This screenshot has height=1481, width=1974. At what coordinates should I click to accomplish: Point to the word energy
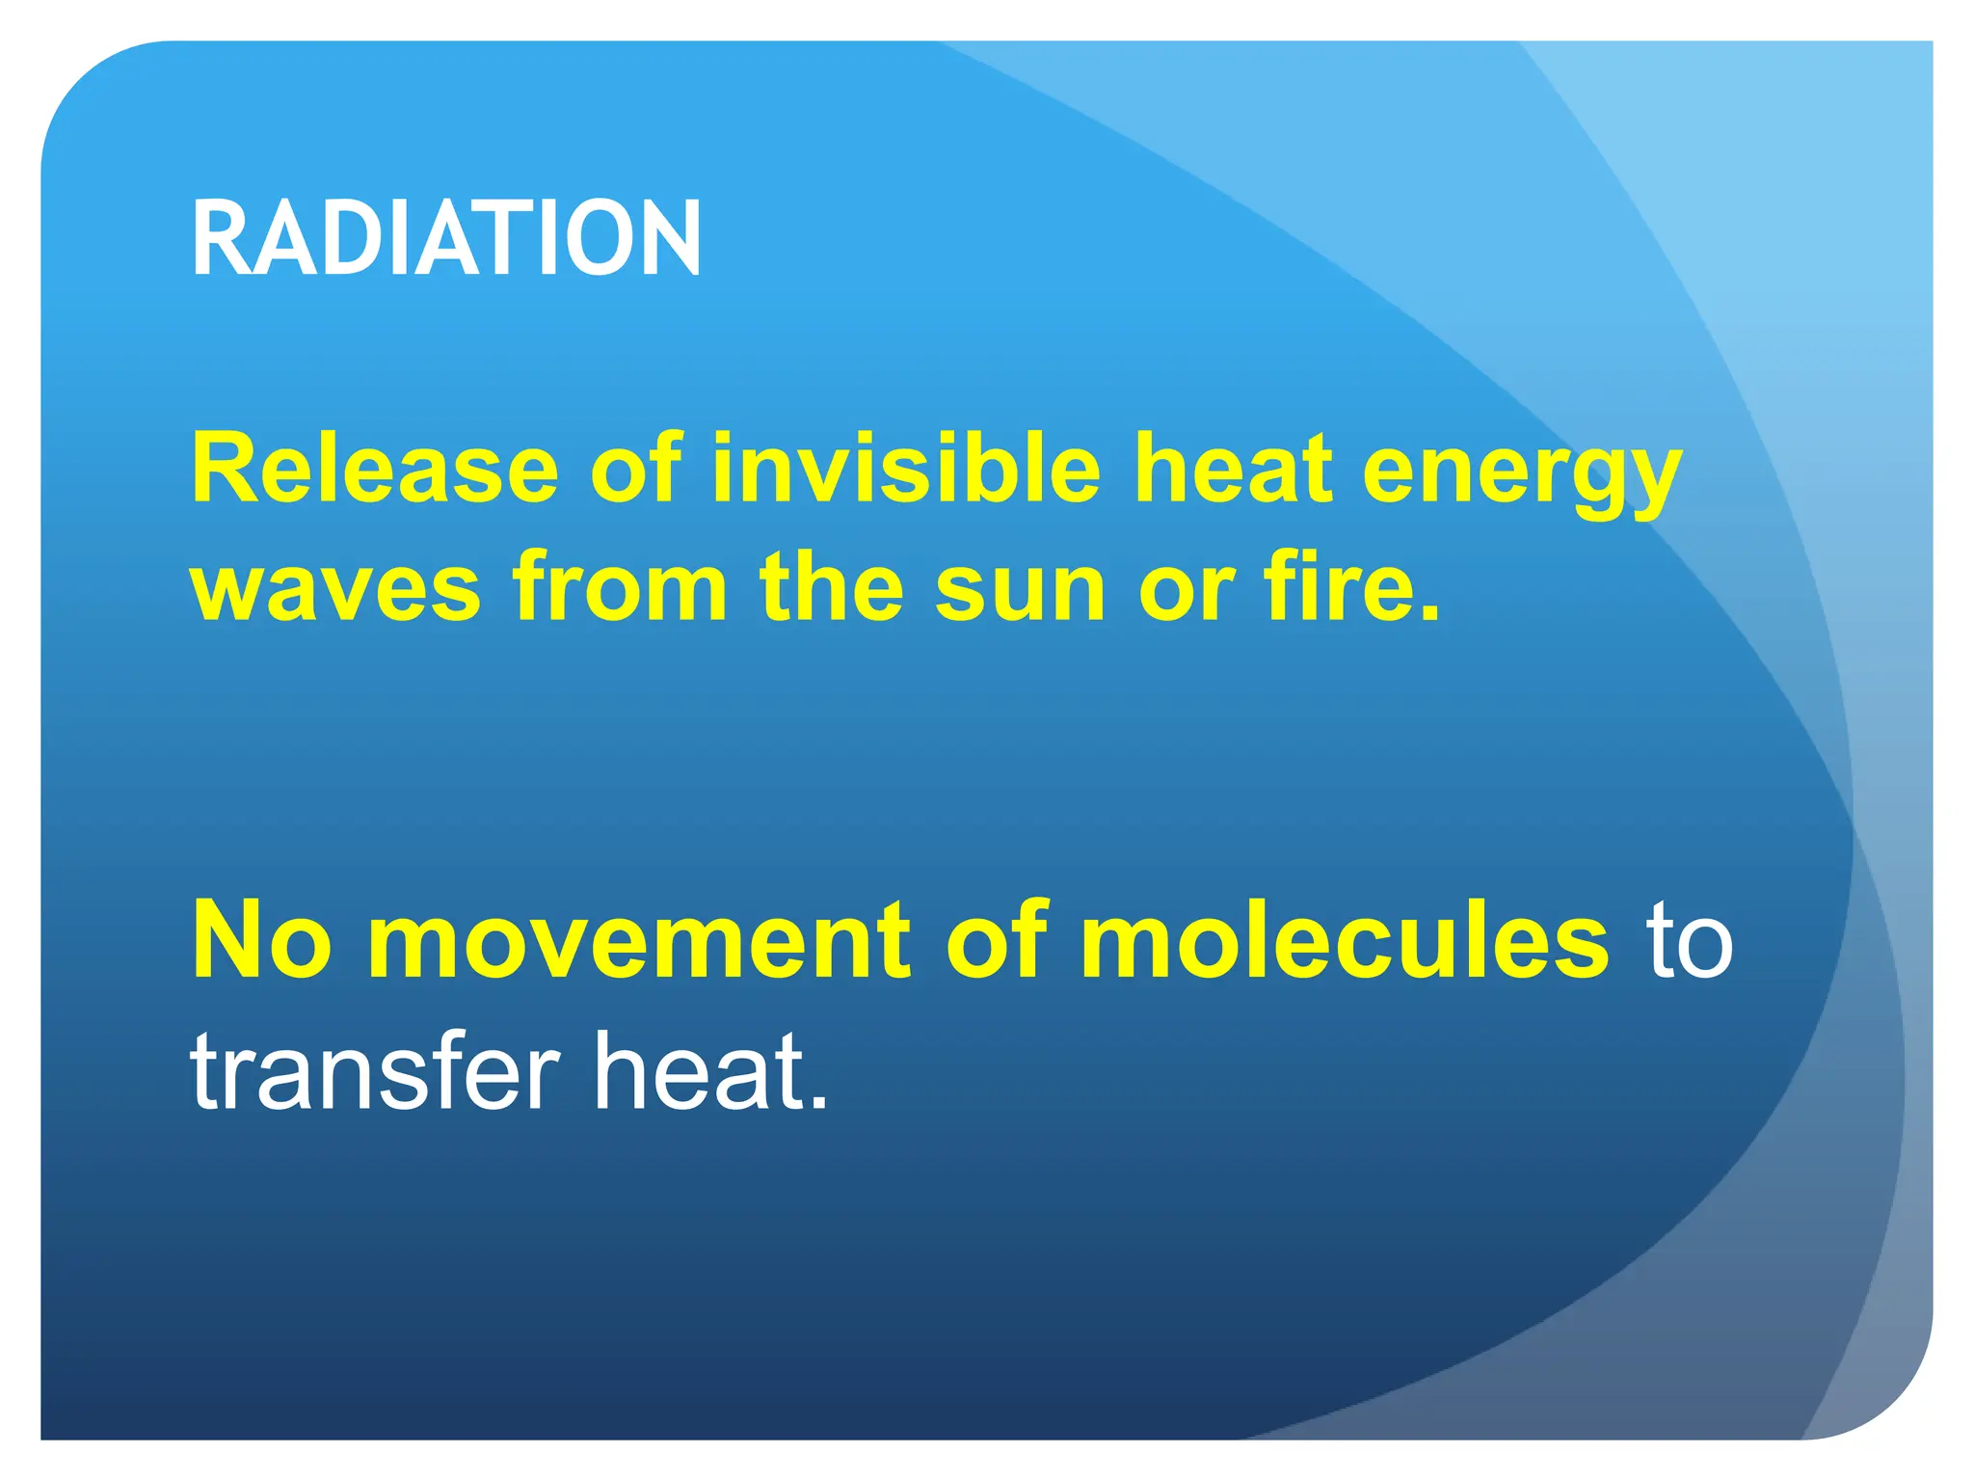[x=1522, y=477]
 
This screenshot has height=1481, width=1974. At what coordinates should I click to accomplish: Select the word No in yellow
[x=262, y=940]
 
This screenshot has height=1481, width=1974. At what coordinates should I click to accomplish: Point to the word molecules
[x=1344, y=940]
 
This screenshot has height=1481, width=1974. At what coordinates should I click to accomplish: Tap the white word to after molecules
[x=1690, y=942]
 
